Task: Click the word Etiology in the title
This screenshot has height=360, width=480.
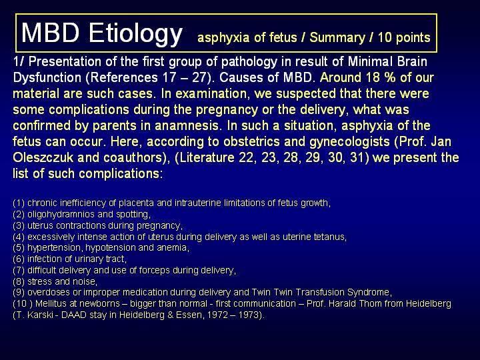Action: coord(135,33)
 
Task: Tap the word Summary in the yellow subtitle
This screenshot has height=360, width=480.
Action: coord(337,37)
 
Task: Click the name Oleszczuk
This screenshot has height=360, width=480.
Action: coord(43,157)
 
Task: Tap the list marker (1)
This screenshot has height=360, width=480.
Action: coord(19,203)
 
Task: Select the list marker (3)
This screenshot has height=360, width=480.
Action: coord(19,225)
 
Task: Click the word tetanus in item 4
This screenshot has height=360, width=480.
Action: coord(330,237)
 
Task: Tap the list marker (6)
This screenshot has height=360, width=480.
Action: coord(19,259)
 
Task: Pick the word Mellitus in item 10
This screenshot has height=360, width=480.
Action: coord(50,304)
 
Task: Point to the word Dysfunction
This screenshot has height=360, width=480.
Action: coord(47,78)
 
